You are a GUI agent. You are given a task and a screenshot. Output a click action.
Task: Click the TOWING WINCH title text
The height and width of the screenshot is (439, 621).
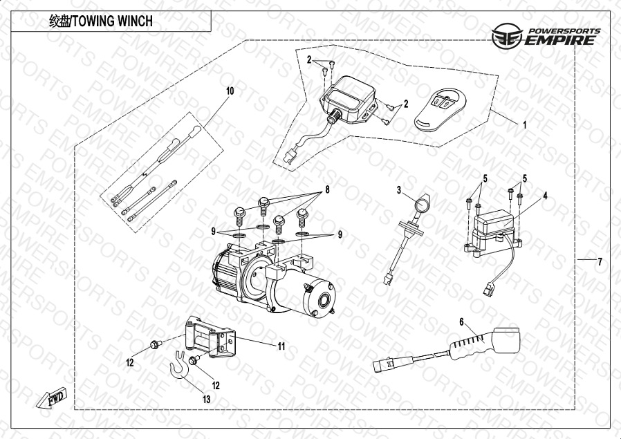pyautogui.click(x=101, y=21)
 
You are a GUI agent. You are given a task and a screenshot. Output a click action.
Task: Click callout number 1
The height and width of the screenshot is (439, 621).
pyautogui.click(x=524, y=126)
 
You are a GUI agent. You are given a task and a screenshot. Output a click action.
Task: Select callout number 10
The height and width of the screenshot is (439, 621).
pyautogui.click(x=230, y=91)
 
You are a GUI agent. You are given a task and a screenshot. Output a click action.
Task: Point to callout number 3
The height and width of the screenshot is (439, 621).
pyautogui.click(x=399, y=189)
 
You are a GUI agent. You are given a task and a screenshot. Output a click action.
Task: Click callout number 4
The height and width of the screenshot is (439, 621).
pyautogui.click(x=545, y=196)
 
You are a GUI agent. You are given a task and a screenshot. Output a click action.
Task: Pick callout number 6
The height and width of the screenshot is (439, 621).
pyautogui.click(x=461, y=321)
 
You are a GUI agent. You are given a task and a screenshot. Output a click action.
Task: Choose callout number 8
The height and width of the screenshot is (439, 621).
pyautogui.click(x=327, y=189)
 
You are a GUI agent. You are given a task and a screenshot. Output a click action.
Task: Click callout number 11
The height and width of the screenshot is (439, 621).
pyautogui.click(x=281, y=346)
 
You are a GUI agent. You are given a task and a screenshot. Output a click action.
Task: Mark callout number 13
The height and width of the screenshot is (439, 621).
pyautogui.click(x=206, y=399)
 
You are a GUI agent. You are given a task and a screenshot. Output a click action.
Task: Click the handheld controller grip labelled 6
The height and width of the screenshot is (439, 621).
pyautogui.click(x=477, y=343)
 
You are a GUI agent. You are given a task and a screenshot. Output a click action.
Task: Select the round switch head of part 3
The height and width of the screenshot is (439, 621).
pyautogui.click(x=420, y=204)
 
